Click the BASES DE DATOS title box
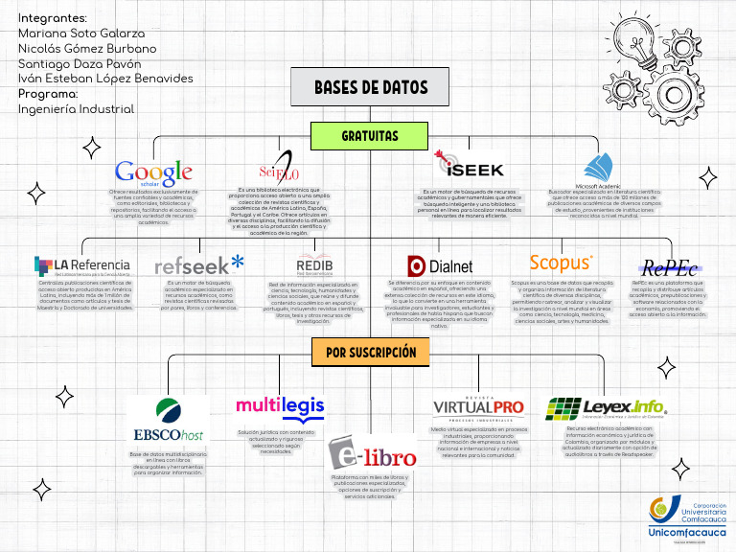pos(371,87)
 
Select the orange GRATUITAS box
pos(370,136)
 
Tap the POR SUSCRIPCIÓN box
pos(370,353)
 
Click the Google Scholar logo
pos(153,172)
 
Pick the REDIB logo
pos(314,264)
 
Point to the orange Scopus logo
pos(562,262)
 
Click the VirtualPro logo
pos(478,406)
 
